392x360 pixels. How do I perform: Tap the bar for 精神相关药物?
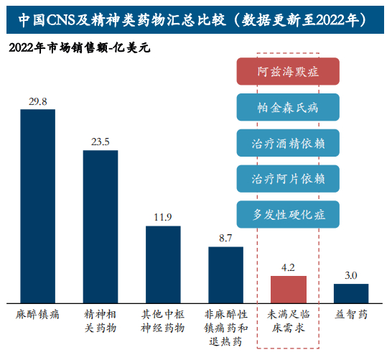tap(101, 226)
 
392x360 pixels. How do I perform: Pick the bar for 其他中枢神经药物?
tap(163, 264)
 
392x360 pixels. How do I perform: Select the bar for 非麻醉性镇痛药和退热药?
tap(225, 274)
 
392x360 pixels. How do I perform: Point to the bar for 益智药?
tap(351, 292)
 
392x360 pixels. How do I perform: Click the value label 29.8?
tap(37, 102)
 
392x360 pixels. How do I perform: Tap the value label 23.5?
tap(101, 142)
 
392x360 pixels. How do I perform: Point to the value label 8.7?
tap(225, 238)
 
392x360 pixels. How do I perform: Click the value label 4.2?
tap(288, 267)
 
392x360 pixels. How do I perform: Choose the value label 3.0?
tap(351, 275)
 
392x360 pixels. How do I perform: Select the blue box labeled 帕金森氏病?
tap(288, 108)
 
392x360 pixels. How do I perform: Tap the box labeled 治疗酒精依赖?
tap(288, 142)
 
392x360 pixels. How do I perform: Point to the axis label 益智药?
tap(351, 314)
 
